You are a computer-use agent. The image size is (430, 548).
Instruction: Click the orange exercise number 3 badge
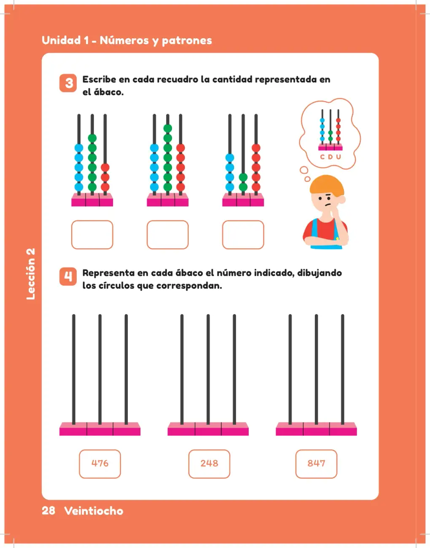[68, 83]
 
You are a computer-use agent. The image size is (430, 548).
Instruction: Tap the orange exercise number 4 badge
[68, 277]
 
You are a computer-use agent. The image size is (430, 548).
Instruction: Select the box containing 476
[100, 464]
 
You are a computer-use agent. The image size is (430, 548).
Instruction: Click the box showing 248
[209, 464]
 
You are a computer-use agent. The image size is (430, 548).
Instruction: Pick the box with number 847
[316, 464]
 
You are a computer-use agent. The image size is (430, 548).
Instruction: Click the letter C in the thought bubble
[322, 157]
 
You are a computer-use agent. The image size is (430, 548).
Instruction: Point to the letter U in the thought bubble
[339, 157]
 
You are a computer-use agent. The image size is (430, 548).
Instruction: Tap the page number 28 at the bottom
[48, 510]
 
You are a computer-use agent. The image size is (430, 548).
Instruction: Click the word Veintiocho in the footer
[94, 510]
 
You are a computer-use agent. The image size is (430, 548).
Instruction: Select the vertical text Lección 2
[30, 274]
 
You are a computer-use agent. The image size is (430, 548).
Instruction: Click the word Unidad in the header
[61, 40]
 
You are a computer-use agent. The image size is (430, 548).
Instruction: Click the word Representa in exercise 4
[108, 273]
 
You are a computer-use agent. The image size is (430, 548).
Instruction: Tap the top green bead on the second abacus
[168, 129]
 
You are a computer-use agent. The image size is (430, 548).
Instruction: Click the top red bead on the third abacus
[256, 148]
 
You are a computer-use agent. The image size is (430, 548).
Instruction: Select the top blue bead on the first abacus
[79, 148]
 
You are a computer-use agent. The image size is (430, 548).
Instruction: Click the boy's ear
[342, 199]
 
